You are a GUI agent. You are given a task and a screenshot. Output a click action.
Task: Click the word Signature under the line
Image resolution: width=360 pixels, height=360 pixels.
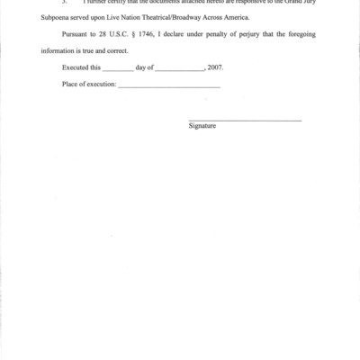pos(202,126)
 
